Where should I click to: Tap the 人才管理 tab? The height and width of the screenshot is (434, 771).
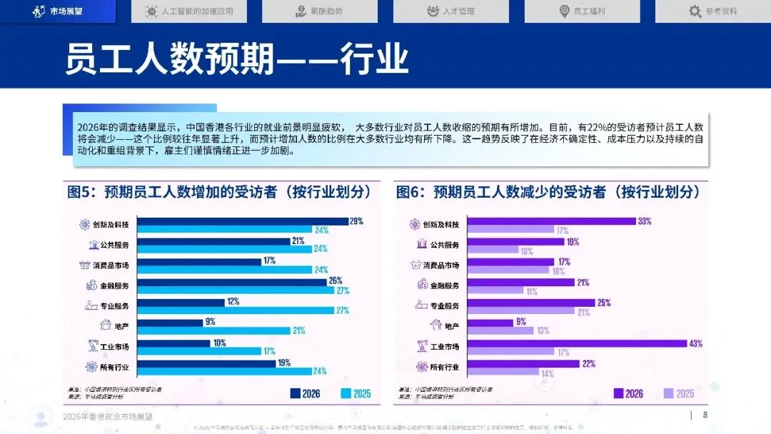point(451,11)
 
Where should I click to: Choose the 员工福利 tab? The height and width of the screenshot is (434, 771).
point(583,11)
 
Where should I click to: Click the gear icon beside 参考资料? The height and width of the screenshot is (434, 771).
point(695,11)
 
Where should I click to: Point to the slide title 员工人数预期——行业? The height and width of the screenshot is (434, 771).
point(236,58)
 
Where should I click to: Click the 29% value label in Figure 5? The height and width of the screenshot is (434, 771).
point(356,221)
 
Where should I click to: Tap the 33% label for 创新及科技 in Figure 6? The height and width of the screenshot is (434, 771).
point(645,221)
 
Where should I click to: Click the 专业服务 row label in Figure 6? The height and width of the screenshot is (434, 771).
point(444,306)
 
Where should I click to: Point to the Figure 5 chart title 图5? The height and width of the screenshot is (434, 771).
point(219,192)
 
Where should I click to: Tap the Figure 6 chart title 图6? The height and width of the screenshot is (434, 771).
point(548,192)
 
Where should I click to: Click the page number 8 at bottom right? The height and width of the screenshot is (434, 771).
point(705,415)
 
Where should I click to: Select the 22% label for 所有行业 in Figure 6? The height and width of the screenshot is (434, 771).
point(588,364)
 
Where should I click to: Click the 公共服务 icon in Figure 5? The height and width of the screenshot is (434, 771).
point(94,245)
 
